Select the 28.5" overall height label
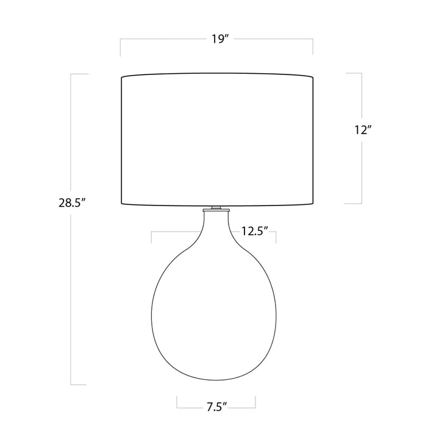[71, 202]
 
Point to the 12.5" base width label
[255, 231]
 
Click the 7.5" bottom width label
[216, 407]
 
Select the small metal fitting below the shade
[216, 209]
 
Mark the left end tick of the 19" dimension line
[120, 47]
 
